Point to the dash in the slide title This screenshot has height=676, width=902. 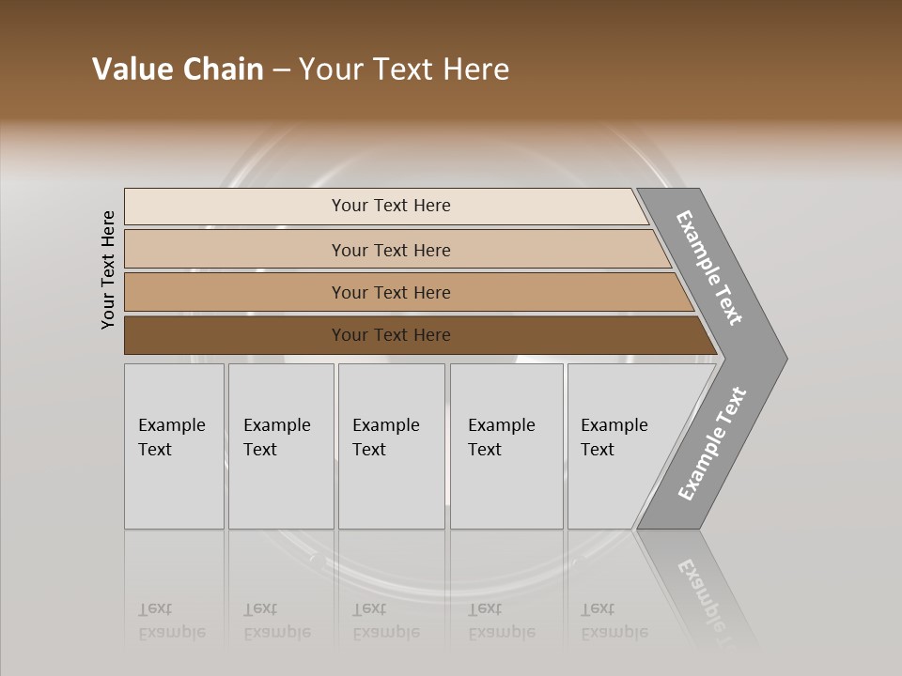[281, 70]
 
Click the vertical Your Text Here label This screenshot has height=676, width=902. [108, 270]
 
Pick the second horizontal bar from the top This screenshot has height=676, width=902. [391, 250]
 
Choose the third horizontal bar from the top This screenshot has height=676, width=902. [391, 292]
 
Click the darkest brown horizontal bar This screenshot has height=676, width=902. [391, 335]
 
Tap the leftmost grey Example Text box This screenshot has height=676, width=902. [174, 446]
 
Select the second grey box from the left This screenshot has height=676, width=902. [280, 446]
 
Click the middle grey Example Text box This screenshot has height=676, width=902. [390, 446]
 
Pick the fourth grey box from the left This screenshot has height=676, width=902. [505, 446]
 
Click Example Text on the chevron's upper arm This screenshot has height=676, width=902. [709, 268]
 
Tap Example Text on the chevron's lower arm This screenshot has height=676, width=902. [711, 444]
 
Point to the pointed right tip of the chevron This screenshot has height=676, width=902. [782, 358]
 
